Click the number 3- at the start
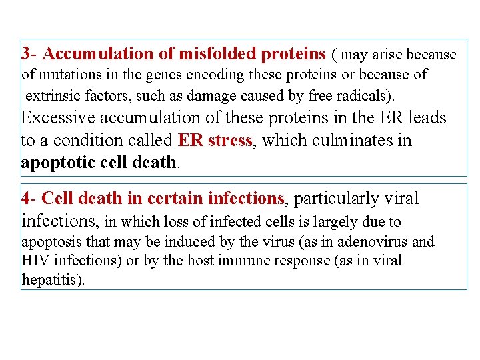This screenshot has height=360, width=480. coord(30,53)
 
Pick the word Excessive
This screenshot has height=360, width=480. coord(58,118)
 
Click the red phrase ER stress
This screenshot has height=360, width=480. coord(215,141)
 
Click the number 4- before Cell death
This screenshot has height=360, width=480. coord(29,198)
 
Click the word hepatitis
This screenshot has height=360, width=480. coord(51,280)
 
